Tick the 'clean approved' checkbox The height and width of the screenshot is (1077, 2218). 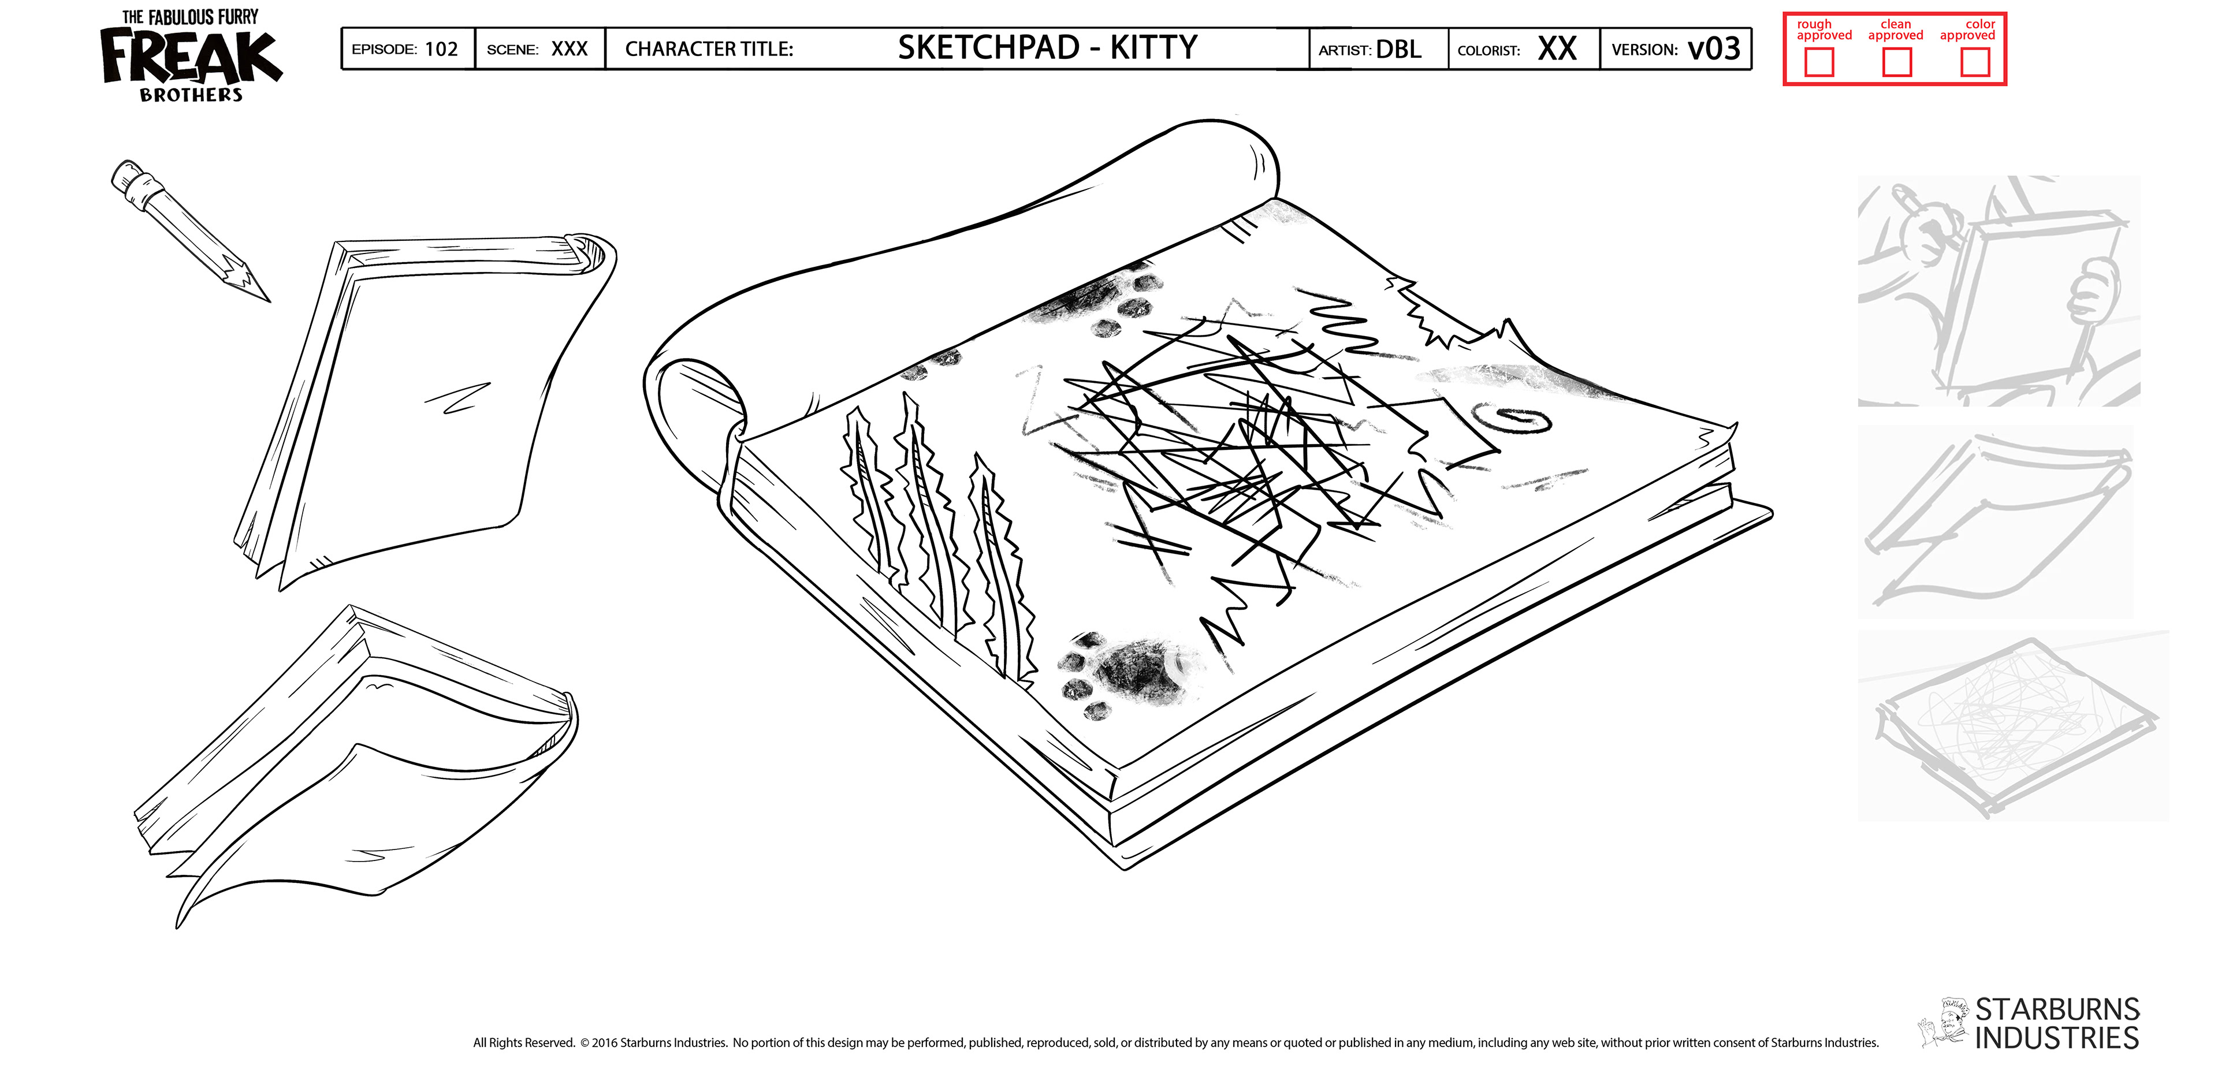click(x=1897, y=62)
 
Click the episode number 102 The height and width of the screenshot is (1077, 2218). click(x=441, y=49)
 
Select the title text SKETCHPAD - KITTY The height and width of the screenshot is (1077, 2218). click(x=1047, y=48)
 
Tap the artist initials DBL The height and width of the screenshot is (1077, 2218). click(x=1398, y=49)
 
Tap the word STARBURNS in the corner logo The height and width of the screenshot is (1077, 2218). click(x=2057, y=1009)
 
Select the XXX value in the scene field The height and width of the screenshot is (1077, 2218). click(x=569, y=49)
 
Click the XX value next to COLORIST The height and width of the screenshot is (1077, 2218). click(x=1557, y=49)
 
